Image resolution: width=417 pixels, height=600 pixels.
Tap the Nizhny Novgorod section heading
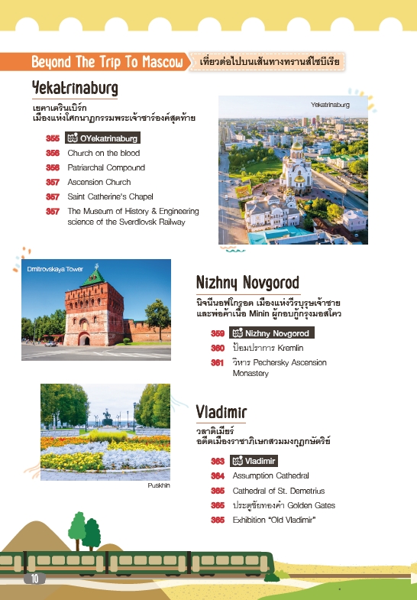[x=247, y=283]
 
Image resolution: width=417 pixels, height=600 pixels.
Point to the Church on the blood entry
[x=103, y=153]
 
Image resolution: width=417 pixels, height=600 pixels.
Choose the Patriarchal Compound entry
[x=105, y=167]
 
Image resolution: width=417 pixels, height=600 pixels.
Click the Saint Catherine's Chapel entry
[x=110, y=196]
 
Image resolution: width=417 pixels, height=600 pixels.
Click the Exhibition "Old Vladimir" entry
[x=274, y=520]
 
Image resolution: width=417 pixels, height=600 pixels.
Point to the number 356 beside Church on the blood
[x=53, y=153]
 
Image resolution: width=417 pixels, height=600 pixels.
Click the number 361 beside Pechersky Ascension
[x=218, y=362]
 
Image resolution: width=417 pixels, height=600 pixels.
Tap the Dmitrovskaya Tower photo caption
[x=55, y=270]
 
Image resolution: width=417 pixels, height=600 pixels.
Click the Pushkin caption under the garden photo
[x=159, y=485]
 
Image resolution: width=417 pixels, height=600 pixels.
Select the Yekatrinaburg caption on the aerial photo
[x=329, y=104]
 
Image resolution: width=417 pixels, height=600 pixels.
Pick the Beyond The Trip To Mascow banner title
[x=107, y=60]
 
